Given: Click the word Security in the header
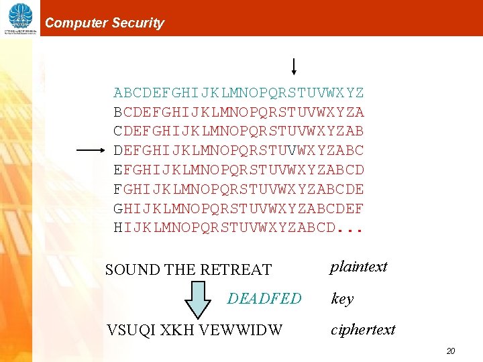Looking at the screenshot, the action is tap(138, 23).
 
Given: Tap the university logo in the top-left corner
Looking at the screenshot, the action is tap(20, 18).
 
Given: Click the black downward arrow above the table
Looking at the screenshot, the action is tap(294, 66).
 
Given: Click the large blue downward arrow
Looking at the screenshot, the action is tap(197, 299).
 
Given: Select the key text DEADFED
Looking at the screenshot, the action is tap(264, 298).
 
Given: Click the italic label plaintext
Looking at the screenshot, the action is tap(358, 267).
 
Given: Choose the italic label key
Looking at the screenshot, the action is tap(342, 299).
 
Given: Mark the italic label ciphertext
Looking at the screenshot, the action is tap(363, 330).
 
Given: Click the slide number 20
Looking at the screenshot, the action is tap(451, 351).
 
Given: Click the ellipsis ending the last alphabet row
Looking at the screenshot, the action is tap(350, 229).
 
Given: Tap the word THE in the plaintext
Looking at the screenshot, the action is tap(179, 269).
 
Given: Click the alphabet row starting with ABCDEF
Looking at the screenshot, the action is tap(239, 93).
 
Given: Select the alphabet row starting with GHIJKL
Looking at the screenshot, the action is tap(239, 208).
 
